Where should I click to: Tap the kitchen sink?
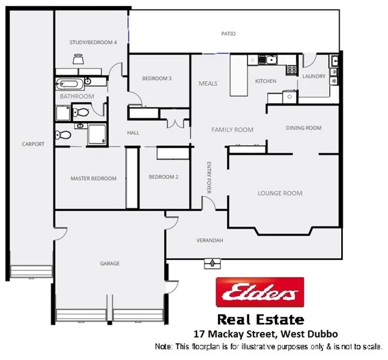(266, 59)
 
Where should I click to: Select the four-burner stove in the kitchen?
(292, 69)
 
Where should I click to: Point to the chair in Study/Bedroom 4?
(78, 58)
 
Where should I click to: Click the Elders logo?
(259, 293)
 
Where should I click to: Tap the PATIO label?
(228, 34)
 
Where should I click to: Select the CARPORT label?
(33, 144)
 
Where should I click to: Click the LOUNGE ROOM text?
(279, 193)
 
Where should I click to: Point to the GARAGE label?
(109, 263)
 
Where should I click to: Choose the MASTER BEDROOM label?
(93, 178)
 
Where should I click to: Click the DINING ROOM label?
(303, 128)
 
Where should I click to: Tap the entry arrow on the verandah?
(211, 262)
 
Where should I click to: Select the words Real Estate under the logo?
(260, 320)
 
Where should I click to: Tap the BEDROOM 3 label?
(157, 79)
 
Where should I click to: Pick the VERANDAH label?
(210, 240)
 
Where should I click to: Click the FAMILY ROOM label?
(232, 130)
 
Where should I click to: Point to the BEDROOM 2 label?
(163, 177)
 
